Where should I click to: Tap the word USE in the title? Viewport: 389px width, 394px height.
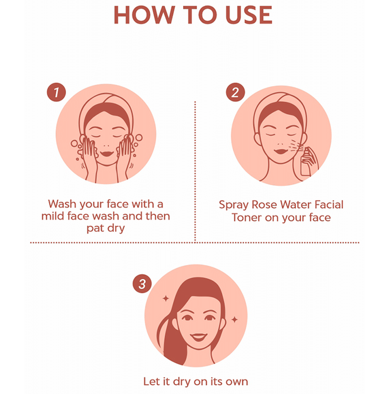coord(249,15)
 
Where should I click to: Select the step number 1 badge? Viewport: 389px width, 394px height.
coord(56,92)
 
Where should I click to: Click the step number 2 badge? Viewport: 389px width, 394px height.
coord(235,92)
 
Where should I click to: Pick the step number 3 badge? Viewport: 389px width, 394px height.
coord(142,284)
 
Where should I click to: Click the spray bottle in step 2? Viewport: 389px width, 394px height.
coord(306,162)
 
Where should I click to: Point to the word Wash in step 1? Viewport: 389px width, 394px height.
coord(62,204)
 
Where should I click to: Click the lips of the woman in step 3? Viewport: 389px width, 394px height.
coord(198,337)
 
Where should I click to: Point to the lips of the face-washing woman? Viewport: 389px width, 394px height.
coord(107,154)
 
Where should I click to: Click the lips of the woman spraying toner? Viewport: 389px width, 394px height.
coord(281,151)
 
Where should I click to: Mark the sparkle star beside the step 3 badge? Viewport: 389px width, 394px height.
coord(166,298)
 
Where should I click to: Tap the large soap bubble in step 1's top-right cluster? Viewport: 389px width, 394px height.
coord(139,137)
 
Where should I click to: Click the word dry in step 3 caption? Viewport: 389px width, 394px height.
coord(181,382)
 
